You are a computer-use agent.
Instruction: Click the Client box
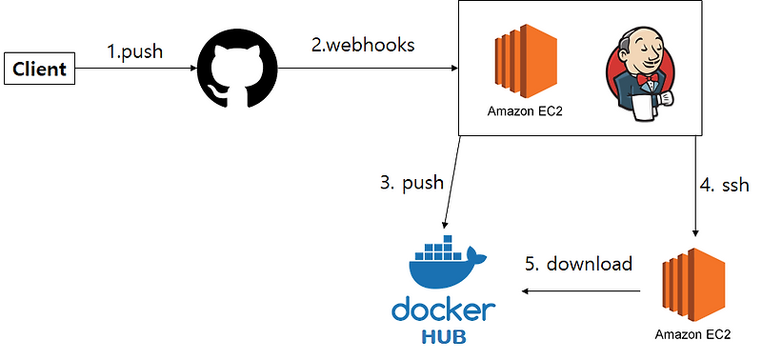(39, 70)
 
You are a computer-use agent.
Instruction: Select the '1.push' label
(134, 50)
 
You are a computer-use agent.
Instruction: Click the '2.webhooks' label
(362, 44)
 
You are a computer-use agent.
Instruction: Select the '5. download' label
(579, 264)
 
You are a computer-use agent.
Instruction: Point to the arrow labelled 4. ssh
(699, 186)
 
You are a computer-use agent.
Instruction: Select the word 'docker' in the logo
(444, 310)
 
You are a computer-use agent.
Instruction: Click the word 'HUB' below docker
(444, 336)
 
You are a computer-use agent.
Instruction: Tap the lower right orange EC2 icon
(692, 286)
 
